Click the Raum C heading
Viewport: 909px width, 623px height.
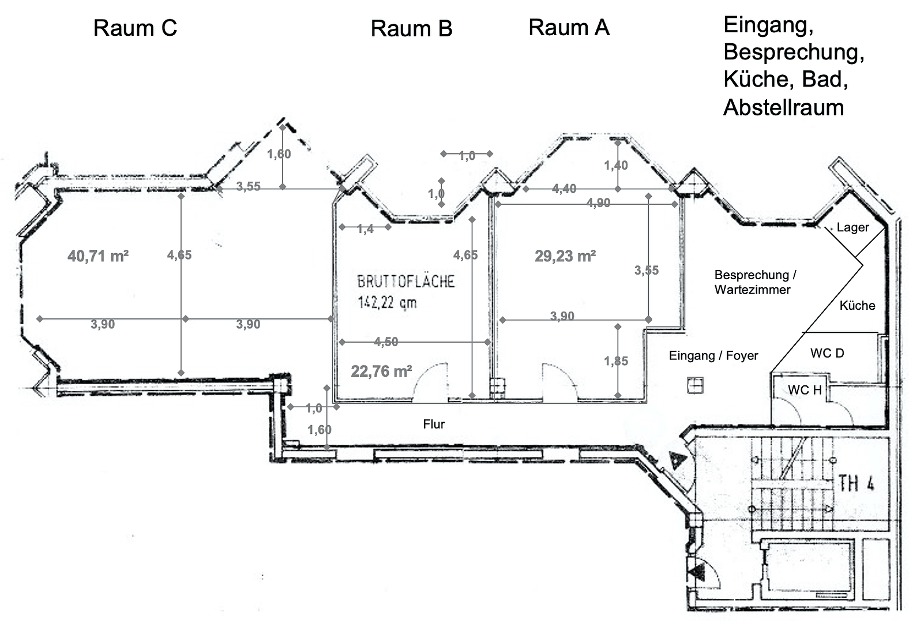click(135, 28)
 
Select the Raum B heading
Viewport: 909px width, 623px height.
click(411, 29)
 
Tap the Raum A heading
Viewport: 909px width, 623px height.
click(569, 28)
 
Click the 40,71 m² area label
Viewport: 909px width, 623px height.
click(98, 256)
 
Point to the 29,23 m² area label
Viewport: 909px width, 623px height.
click(565, 256)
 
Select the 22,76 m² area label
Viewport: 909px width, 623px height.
click(381, 371)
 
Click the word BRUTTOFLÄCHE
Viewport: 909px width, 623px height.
click(406, 282)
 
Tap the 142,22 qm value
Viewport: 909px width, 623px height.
click(387, 302)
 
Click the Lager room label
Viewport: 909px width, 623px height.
click(852, 227)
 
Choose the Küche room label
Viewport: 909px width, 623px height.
click(857, 305)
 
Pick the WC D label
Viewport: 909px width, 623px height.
click(827, 353)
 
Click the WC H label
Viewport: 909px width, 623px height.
click(805, 390)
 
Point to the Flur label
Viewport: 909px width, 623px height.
click(434, 424)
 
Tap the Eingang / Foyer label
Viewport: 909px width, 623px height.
click(713, 355)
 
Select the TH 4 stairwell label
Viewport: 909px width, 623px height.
click(857, 483)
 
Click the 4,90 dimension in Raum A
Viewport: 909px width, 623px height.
click(598, 202)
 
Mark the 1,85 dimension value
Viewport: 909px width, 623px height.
click(616, 361)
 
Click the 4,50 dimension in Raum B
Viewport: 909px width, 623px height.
click(386, 341)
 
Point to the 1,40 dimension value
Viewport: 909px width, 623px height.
click(616, 165)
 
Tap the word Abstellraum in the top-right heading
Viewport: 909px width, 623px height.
click(784, 107)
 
